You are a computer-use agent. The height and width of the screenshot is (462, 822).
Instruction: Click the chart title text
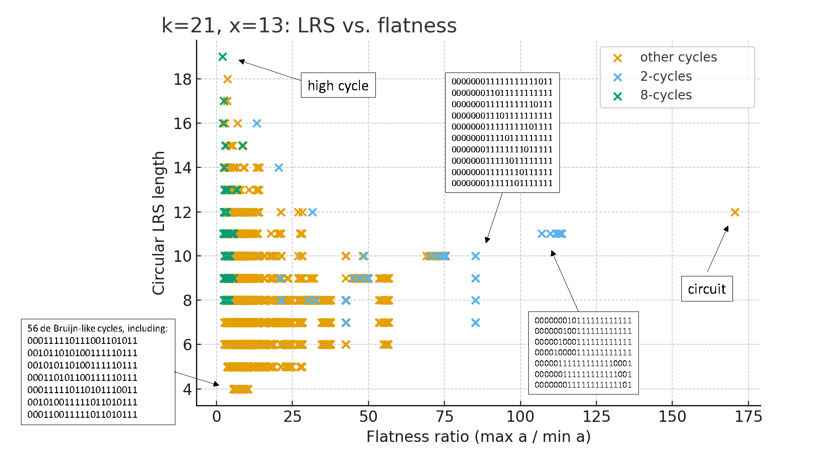click(309, 26)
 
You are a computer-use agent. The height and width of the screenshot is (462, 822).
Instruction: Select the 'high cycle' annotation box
click(338, 85)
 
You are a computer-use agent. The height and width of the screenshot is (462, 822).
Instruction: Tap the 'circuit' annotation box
click(706, 289)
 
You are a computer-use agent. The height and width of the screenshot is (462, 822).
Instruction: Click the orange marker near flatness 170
click(735, 212)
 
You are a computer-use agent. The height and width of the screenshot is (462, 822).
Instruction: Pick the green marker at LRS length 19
click(222, 57)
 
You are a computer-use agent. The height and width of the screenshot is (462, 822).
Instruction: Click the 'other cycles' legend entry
click(678, 57)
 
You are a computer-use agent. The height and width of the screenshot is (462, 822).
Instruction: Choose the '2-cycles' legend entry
click(665, 76)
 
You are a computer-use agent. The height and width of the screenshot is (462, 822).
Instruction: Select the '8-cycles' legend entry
click(665, 95)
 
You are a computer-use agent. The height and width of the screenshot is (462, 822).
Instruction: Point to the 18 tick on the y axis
click(183, 79)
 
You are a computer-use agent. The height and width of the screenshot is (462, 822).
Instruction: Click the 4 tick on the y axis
click(187, 389)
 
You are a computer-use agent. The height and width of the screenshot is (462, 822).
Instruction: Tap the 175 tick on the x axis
click(748, 416)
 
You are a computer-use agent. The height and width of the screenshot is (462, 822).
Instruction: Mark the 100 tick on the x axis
click(520, 416)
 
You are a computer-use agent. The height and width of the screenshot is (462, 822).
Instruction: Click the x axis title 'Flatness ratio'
click(478, 436)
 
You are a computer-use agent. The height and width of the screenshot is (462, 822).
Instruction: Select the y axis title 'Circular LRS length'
click(158, 223)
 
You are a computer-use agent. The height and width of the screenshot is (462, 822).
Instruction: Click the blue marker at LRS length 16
click(257, 123)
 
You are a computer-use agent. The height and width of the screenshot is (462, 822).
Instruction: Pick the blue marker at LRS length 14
click(279, 168)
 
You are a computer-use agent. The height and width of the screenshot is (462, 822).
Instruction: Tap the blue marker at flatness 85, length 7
click(475, 322)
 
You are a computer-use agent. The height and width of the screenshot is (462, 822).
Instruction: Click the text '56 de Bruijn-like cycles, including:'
click(97, 328)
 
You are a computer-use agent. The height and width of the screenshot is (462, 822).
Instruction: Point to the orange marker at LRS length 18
click(227, 79)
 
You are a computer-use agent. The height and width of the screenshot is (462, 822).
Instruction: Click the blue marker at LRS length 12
click(312, 212)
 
